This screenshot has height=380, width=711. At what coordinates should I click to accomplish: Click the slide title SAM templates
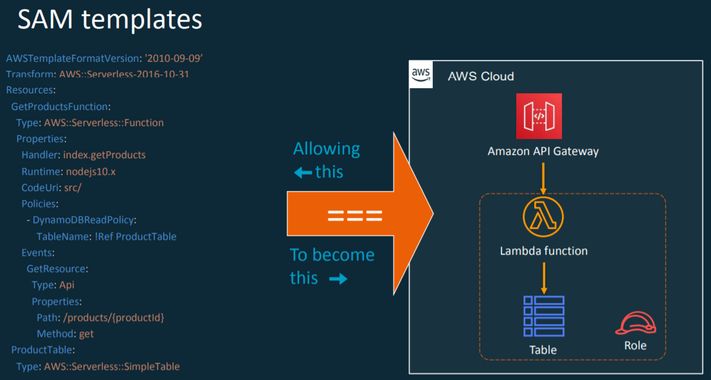(x=110, y=21)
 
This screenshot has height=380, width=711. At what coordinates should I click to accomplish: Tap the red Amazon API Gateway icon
(x=539, y=116)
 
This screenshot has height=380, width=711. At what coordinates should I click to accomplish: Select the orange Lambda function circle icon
(x=543, y=217)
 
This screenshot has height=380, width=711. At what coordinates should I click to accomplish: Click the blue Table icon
(x=543, y=316)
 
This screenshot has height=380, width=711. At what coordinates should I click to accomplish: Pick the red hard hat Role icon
(x=634, y=323)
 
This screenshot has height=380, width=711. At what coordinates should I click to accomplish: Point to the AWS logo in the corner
(x=420, y=75)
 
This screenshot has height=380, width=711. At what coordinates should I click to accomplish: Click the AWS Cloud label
(x=481, y=77)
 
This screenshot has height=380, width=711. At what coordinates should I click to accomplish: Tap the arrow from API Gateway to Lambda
(x=543, y=178)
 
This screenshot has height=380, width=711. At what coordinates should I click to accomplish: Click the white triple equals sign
(x=355, y=215)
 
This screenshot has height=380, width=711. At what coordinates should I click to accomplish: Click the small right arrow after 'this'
(x=338, y=279)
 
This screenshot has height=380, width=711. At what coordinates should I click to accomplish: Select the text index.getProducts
(x=104, y=155)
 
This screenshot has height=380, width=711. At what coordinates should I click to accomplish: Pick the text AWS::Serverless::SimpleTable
(x=112, y=366)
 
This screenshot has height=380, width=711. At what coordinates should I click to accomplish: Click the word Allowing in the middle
(x=327, y=149)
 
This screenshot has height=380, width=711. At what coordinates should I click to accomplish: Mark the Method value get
(x=87, y=334)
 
